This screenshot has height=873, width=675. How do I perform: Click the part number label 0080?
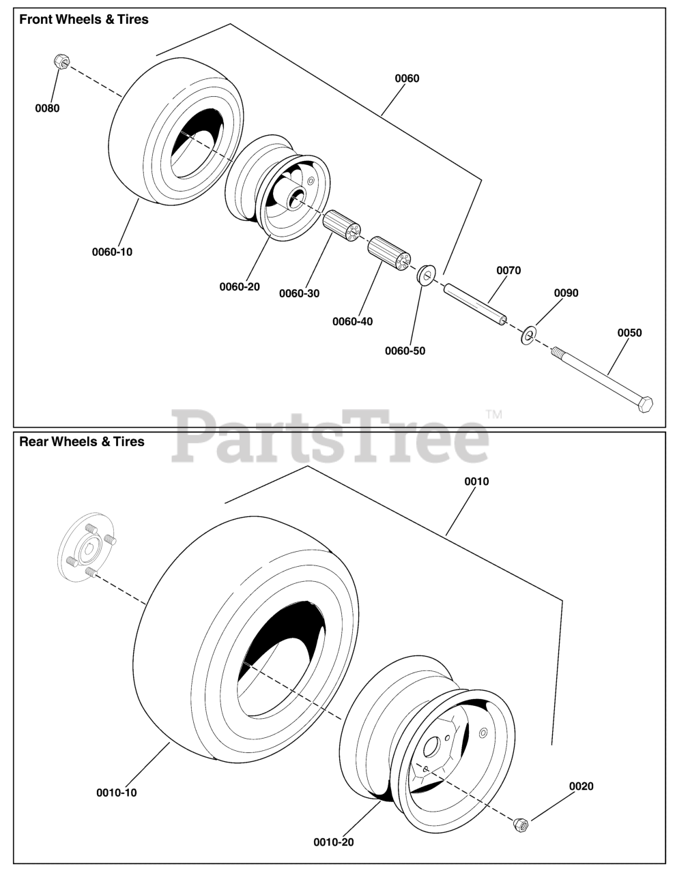coord(47,108)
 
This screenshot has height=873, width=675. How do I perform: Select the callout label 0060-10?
coord(112,252)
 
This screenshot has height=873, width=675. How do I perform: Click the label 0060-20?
coord(239,286)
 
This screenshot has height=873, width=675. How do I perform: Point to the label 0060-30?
coord(299,293)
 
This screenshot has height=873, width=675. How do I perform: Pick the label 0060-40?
coord(352,321)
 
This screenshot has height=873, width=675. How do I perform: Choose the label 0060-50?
coord(405,351)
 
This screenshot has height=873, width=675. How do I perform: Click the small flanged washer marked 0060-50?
coord(427,275)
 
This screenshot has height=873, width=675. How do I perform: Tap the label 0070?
coord(508,270)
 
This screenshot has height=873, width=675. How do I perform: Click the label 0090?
coord(566,293)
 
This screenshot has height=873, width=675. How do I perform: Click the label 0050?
coord(629,333)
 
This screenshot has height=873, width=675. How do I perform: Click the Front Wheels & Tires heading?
coord(83,20)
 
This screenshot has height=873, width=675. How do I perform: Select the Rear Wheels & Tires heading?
coord(82,441)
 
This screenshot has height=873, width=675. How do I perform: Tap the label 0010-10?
coord(116,793)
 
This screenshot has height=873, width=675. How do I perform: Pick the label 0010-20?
coord(334,842)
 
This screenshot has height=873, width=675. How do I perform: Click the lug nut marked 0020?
coord(521,825)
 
